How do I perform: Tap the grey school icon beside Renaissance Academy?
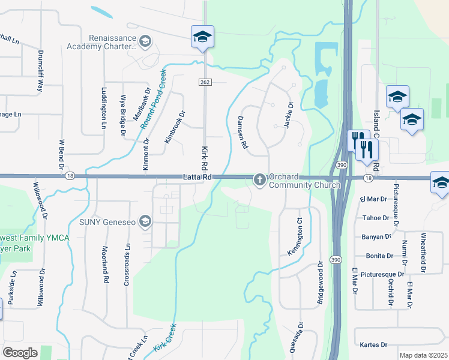(x=145, y=41)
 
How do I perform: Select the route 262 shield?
(x=204, y=81)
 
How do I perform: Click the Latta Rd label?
(x=197, y=176)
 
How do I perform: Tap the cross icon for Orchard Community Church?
(x=260, y=179)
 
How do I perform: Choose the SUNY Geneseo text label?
(x=107, y=222)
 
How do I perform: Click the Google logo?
(x=20, y=353)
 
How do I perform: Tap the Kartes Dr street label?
(x=374, y=345)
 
